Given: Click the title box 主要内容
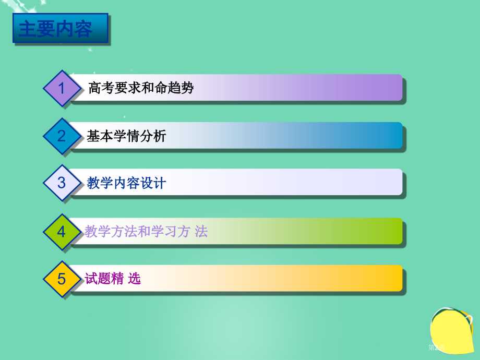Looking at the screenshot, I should [x=60, y=28].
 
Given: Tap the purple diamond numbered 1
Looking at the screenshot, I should [x=62, y=88].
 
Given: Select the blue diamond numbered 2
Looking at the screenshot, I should [x=62, y=136].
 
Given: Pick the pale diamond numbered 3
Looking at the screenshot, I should [x=62, y=183].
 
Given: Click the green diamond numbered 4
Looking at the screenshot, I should [x=62, y=232].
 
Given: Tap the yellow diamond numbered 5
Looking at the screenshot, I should [x=62, y=279].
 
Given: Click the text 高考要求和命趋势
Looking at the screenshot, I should [x=141, y=88].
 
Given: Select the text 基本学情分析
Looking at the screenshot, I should [x=126, y=136].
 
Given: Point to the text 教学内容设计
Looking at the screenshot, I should [x=126, y=183].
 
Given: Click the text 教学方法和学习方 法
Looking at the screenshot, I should [x=146, y=232].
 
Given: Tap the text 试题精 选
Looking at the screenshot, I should [x=113, y=279].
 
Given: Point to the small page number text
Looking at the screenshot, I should [x=436, y=347].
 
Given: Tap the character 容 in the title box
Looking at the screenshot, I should [x=83, y=29].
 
